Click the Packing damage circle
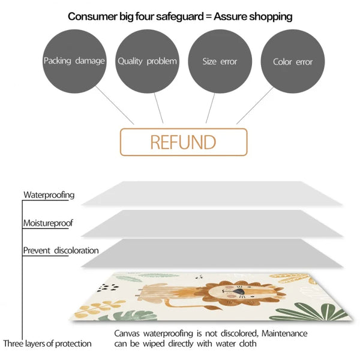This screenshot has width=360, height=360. coord(74,61)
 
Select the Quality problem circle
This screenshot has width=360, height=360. coord(147,61)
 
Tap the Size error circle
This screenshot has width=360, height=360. coord(220,61)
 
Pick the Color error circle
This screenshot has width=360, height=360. coord(293,61)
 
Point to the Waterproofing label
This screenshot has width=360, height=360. coord(49,195)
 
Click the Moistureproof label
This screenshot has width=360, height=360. coord(48,223)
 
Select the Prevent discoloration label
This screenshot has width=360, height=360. coord(61,250)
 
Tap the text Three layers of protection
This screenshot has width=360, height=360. coord(47,344)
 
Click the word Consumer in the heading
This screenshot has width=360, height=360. coord(92,17)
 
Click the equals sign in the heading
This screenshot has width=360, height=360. coord(209,17)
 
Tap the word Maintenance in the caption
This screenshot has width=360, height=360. coord(284,334)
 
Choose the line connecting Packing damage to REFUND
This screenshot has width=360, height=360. coord(115,106)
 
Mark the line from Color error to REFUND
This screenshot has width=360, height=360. coord(255,106)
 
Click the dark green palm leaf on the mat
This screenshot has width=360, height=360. coord(310,311)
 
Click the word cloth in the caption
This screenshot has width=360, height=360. coord(248,344)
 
